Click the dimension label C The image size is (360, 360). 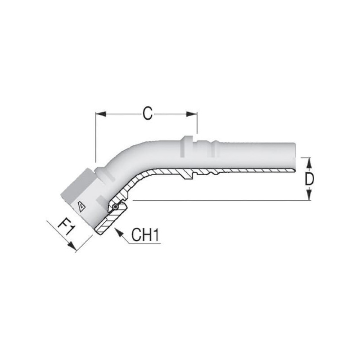click(148, 113)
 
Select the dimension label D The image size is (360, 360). click(309, 179)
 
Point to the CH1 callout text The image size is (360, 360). click(145, 234)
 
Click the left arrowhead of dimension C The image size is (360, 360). click(100, 114)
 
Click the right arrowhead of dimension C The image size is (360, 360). click(192, 114)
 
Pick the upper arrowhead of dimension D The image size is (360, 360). click(309, 163)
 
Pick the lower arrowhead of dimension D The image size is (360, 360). click(309, 195)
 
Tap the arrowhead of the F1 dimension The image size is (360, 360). click(72, 246)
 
